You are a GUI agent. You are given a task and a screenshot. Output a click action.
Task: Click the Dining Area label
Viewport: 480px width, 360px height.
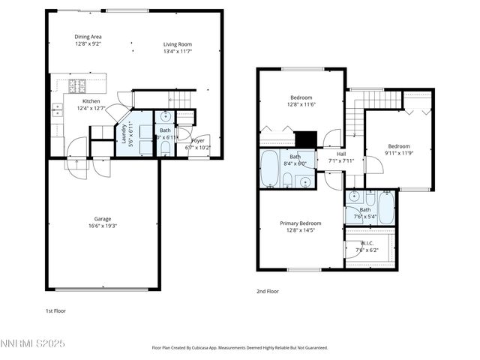[x=88, y=37]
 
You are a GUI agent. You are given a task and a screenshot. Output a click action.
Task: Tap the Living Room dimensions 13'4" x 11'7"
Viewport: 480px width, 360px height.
[x=178, y=52]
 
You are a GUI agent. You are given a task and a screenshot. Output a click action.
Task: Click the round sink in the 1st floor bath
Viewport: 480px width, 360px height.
[x=165, y=117]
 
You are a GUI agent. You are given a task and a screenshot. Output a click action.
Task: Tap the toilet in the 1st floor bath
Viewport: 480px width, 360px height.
[x=165, y=147]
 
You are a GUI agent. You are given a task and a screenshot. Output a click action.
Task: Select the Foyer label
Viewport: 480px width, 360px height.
[x=198, y=140]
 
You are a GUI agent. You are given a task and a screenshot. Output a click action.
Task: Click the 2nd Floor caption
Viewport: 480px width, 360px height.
[x=268, y=291]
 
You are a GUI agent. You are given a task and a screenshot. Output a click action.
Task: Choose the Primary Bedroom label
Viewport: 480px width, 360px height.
[x=301, y=223]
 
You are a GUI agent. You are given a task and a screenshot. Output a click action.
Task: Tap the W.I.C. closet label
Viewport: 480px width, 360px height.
[x=367, y=243]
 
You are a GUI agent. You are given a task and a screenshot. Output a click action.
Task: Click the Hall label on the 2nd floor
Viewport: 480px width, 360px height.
[x=341, y=154]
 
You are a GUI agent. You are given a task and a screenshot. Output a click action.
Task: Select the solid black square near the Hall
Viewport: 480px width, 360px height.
[x=305, y=139]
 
